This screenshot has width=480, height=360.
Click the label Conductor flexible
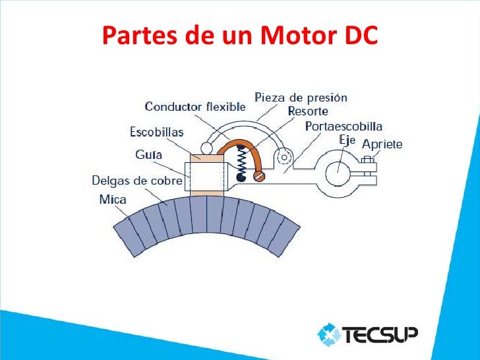(x=195, y=106)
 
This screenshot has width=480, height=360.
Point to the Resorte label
(x=308, y=111)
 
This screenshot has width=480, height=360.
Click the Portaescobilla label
(x=344, y=126)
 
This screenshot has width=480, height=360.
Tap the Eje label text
(x=347, y=140)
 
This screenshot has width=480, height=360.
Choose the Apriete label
(x=382, y=144)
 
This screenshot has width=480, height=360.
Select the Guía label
(x=149, y=156)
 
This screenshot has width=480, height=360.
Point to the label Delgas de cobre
(x=136, y=180)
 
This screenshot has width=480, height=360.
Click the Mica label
(x=113, y=198)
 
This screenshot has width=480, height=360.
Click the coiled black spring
(x=242, y=162)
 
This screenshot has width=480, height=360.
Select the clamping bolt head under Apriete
(x=367, y=159)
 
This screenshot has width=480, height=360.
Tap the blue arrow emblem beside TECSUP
(x=329, y=336)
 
